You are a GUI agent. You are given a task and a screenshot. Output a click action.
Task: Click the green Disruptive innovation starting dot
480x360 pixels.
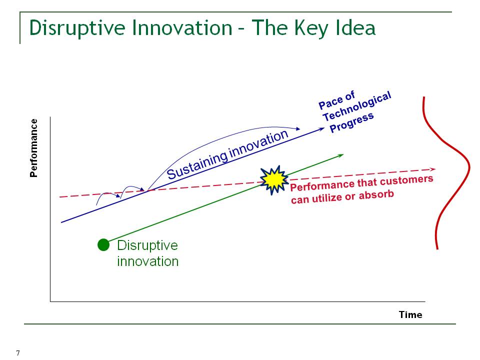point(103,245)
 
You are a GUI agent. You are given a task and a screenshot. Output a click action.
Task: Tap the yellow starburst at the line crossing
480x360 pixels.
point(274,180)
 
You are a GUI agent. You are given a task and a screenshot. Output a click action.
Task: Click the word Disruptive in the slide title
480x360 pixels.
point(77,28)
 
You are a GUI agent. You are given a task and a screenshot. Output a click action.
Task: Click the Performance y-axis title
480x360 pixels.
point(33,148)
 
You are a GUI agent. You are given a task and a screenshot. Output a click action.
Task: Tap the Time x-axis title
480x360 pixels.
point(410,314)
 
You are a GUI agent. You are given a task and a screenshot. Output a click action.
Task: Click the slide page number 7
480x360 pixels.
point(18,353)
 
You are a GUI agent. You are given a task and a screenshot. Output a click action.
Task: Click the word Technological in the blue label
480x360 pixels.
point(357,106)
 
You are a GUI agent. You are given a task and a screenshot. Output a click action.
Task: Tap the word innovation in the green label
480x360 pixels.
point(148,261)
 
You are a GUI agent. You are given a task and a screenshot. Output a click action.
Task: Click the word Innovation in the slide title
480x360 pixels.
point(182,28)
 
